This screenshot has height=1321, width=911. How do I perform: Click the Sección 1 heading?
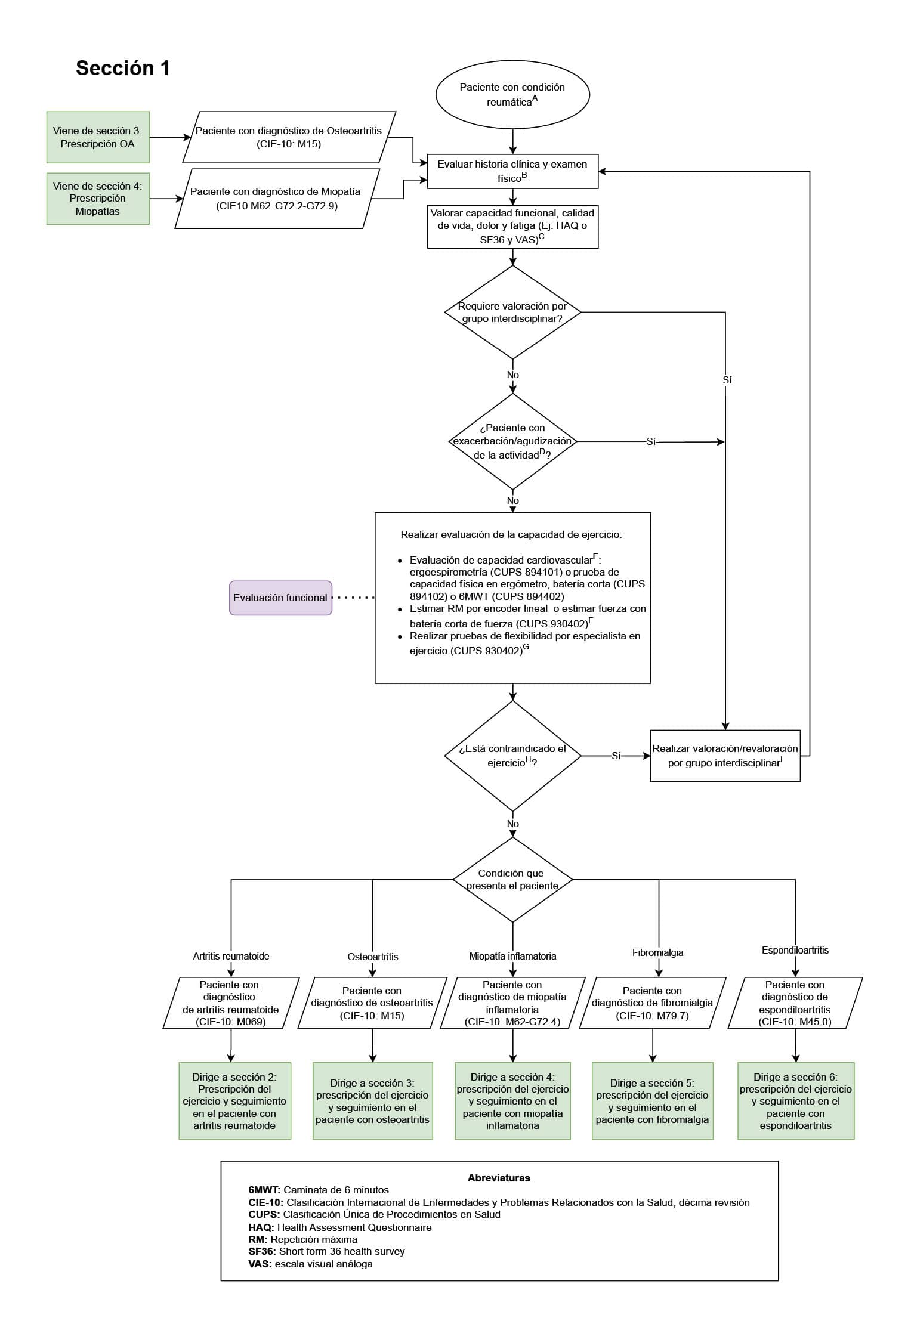[x=123, y=69]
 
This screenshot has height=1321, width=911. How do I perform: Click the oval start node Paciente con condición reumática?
[x=512, y=94]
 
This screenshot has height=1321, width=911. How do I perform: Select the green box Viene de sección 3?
[x=98, y=137]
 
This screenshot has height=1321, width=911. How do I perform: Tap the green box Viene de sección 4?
[x=98, y=199]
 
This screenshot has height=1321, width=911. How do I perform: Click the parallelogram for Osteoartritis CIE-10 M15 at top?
[x=289, y=137]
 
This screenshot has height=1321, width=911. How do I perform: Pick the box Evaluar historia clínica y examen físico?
[x=512, y=171]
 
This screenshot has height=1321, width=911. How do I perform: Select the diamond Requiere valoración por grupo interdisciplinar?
[x=512, y=312]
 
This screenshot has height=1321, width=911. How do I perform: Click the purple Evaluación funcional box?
[x=280, y=598]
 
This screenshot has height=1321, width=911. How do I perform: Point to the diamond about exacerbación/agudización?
[x=512, y=441]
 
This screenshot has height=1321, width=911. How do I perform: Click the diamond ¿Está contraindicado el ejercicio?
[x=512, y=756]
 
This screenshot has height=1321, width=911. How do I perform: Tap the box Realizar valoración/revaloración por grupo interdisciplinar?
[x=725, y=756]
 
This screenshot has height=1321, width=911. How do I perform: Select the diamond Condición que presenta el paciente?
[x=512, y=880]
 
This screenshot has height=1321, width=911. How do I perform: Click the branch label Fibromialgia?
[x=658, y=952]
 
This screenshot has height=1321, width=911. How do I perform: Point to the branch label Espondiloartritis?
[x=795, y=950]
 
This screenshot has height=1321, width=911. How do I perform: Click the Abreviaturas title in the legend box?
[x=499, y=1178]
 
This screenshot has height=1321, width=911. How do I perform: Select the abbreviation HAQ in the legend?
[x=261, y=1227]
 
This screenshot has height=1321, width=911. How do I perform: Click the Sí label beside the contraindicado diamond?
[x=616, y=756]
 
